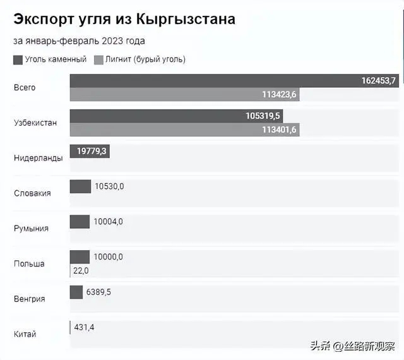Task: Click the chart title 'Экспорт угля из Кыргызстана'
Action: click(x=124, y=19)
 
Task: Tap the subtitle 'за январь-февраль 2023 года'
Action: click(x=79, y=41)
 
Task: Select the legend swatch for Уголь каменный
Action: click(x=18, y=59)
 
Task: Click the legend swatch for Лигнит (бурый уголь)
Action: click(x=98, y=59)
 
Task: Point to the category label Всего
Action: click(x=25, y=87)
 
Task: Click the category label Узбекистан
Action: click(x=35, y=123)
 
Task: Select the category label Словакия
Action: click(x=32, y=193)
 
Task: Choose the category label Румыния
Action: click(x=31, y=229)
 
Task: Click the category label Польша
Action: click(x=29, y=263)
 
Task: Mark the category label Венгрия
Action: click(x=30, y=299)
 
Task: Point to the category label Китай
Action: click(x=25, y=334)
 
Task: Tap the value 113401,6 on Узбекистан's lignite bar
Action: click(x=279, y=130)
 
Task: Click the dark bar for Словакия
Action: click(x=80, y=186)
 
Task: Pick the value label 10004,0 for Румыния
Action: click(x=109, y=222)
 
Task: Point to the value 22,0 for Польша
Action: click(x=81, y=270)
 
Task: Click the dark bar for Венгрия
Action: click(x=76, y=292)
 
